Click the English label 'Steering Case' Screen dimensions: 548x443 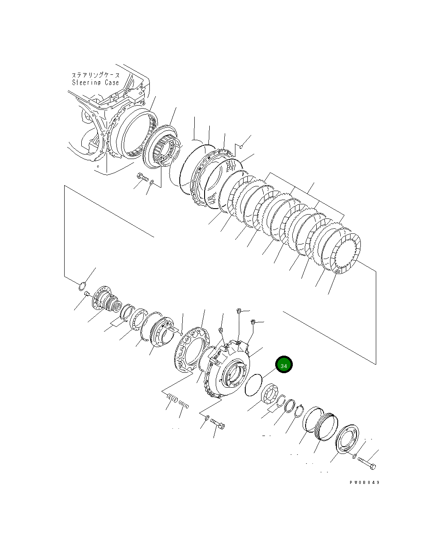(x=95, y=82)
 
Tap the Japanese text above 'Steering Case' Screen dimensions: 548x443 (x=96, y=75)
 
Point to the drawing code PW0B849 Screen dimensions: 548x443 (x=364, y=483)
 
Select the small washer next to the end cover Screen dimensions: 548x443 (x=354, y=457)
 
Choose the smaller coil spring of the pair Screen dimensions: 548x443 (x=184, y=404)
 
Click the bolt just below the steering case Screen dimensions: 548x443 (x=142, y=177)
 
